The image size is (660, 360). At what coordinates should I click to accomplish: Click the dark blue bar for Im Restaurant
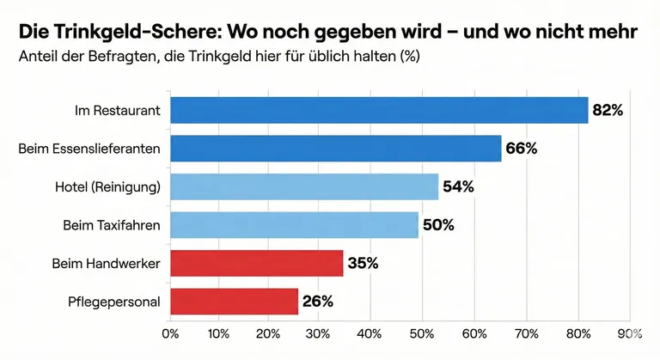379,110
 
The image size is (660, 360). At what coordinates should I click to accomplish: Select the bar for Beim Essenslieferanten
336,149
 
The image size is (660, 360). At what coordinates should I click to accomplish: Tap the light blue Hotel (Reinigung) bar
304,186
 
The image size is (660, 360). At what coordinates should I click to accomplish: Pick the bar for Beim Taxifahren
295,225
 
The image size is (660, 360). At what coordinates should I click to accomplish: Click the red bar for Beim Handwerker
257,263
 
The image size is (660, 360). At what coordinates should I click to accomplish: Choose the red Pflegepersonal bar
235,302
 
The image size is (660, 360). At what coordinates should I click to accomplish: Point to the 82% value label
608,110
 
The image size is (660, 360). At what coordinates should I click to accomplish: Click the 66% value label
522,149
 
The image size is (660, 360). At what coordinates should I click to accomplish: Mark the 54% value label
458,186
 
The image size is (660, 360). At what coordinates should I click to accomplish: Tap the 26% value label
317,302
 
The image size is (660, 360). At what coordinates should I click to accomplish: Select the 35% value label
363,263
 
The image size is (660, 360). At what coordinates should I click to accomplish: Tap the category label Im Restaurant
119,110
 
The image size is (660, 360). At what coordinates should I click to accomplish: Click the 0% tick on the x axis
170,333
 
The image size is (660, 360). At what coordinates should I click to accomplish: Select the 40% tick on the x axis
369,333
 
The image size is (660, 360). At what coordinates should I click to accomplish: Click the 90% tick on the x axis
629,333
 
